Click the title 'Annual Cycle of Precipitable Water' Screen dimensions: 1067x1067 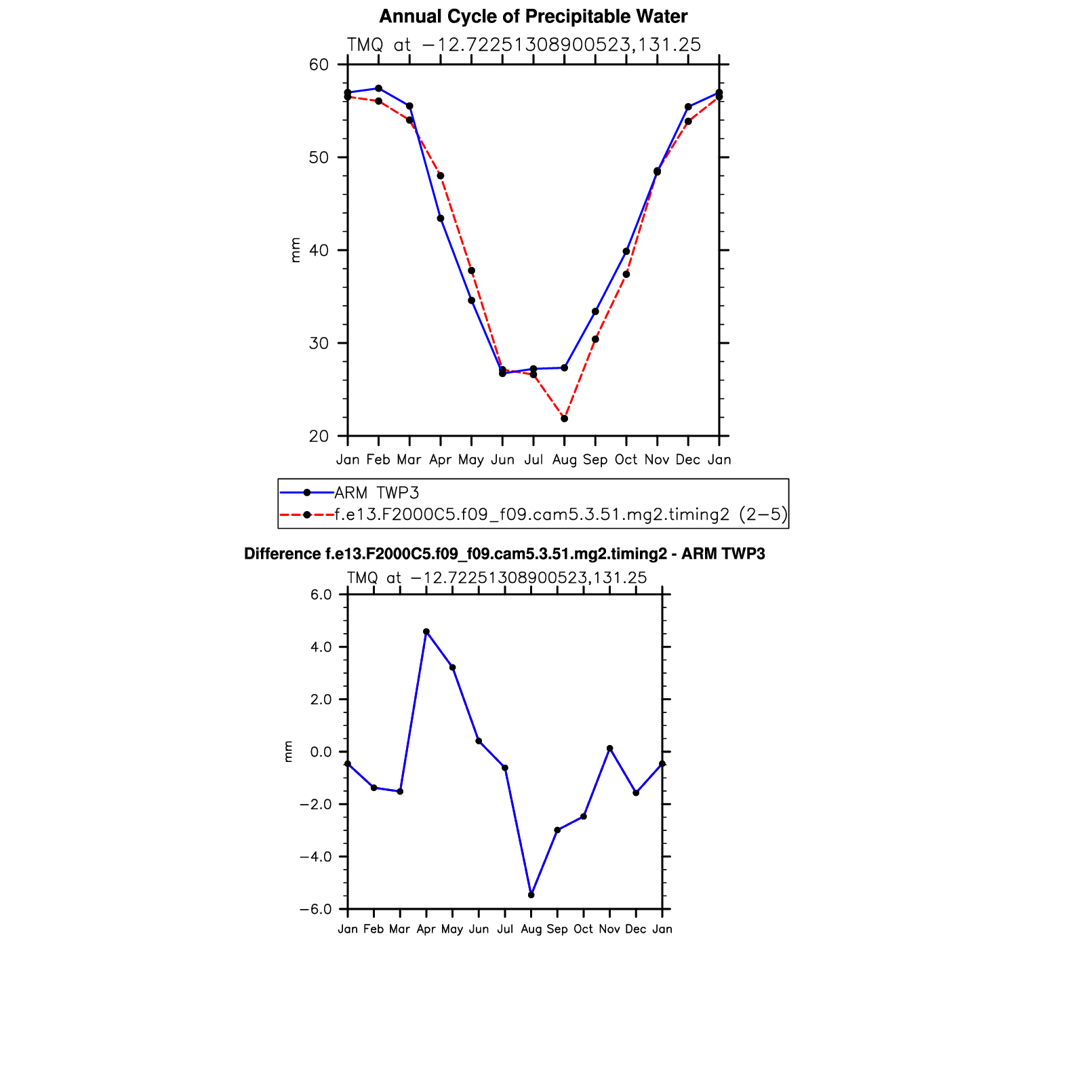click(x=533, y=16)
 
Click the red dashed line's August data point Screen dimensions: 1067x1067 click(x=564, y=418)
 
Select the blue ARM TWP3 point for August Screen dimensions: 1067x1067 click(x=564, y=367)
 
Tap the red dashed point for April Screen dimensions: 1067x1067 click(x=441, y=176)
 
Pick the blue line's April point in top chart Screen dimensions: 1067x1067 click(x=441, y=218)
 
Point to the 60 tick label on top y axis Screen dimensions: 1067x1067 click(x=319, y=65)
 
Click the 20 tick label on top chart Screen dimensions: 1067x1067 click(x=319, y=437)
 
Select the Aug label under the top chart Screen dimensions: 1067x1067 click(x=564, y=460)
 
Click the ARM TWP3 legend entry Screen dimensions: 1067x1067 click(x=377, y=493)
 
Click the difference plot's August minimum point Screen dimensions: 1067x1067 click(x=531, y=895)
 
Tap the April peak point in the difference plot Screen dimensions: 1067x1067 click(x=426, y=631)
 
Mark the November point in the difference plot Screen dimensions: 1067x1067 click(x=609, y=748)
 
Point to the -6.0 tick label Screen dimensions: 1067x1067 click(x=315, y=910)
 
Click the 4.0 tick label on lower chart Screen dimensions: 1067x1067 click(x=319, y=647)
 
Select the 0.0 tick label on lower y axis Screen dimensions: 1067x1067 click(x=319, y=752)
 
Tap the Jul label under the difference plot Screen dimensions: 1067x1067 click(x=504, y=929)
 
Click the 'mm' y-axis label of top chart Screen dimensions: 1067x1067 click(x=295, y=250)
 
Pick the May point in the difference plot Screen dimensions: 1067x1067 click(x=452, y=668)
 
